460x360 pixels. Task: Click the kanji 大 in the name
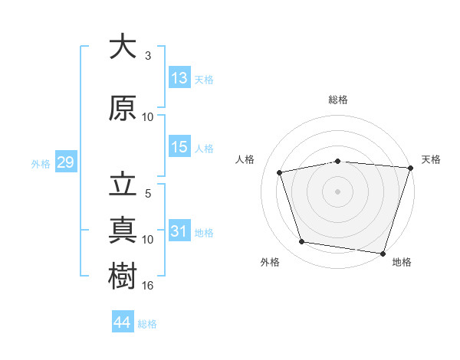[x=123, y=46]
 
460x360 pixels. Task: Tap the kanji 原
[x=123, y=107]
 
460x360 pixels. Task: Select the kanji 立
[x=123, y=184]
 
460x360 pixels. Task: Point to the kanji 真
[x=123, y=230]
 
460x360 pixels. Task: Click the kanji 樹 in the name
[x=123, y=276]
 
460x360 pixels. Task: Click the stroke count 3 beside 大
[x=148, y=56]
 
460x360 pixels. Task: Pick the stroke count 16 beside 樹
[x=147, y=286]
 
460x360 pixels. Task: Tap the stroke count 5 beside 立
[x=148, y=194]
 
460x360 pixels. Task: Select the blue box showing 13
[x=179, y=77]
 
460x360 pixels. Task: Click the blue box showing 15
[x=179, y=146]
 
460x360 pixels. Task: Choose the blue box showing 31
[x=179, y=230]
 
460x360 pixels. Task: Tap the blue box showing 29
[x=66, y=162]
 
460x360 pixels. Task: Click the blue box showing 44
[x=123, y=321]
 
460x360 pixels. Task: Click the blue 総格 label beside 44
[x=147, y=324]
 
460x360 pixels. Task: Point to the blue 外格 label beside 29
[x=41, y=164]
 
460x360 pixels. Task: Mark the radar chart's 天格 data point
[x=411, y=168]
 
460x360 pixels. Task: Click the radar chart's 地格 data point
[x=383, y=254]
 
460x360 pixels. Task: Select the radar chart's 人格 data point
[x=279, y=172]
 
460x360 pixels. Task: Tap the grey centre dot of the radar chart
[x=337, y=191]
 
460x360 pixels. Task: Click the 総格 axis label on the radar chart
[x=338, y=100]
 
